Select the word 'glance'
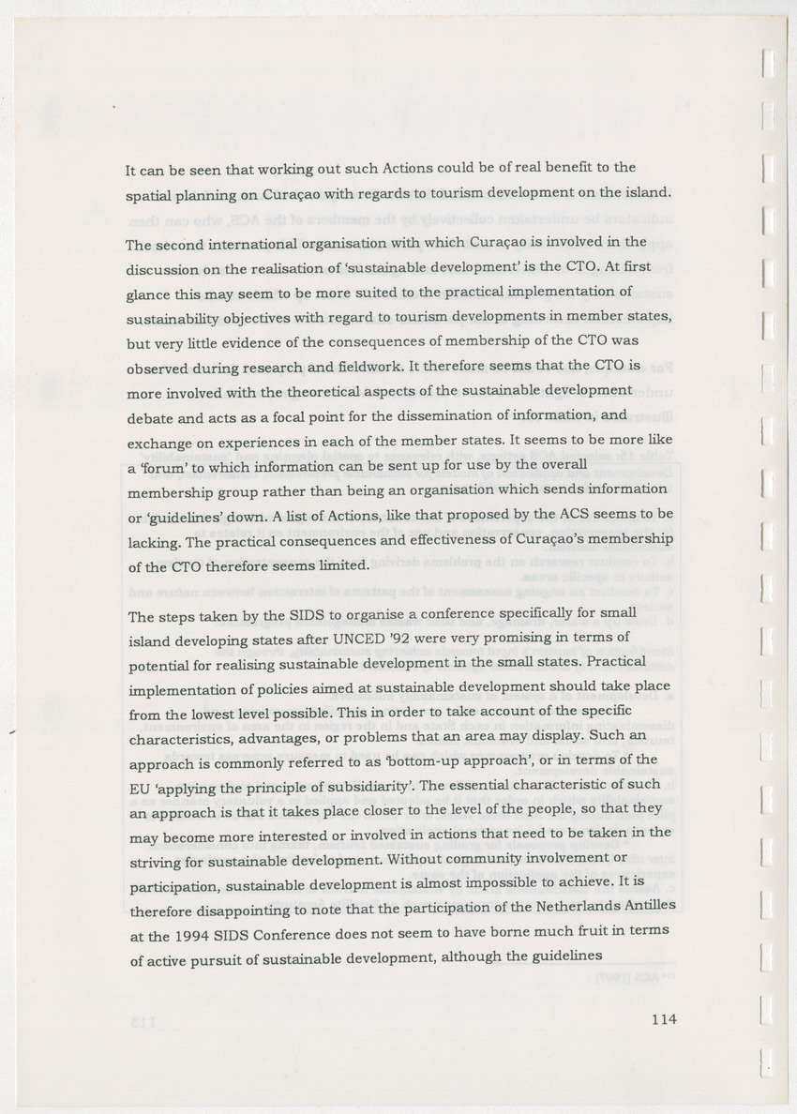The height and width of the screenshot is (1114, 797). tap(150, 294)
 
